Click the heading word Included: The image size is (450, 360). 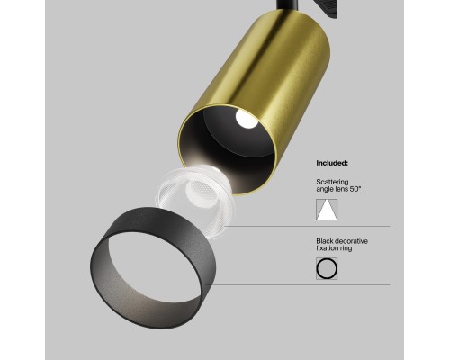(x=332, y=164)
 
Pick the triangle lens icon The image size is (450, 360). (x=326, y=210)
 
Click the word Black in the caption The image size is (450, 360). (x=325, y=241)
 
